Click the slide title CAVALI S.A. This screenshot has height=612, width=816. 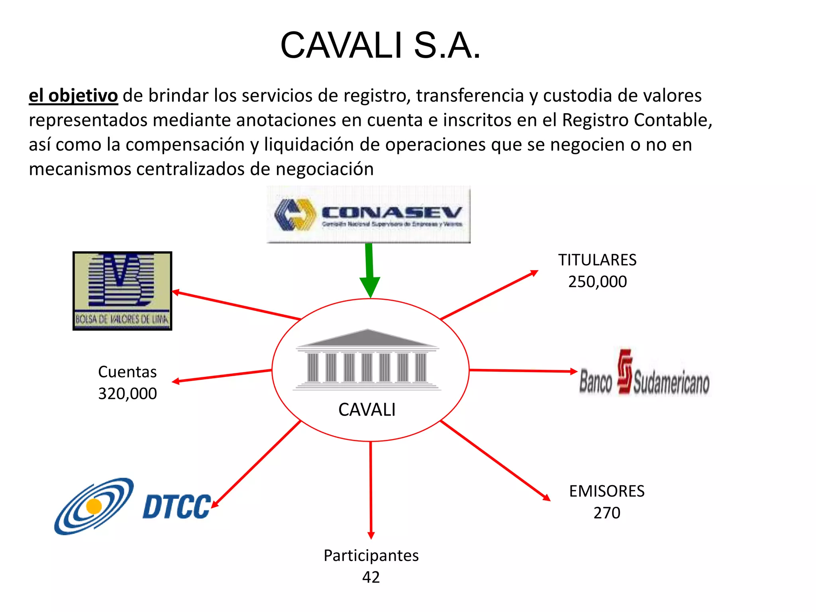point(381,45)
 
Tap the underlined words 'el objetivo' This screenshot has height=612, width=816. point(73,96)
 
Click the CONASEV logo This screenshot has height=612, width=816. point(369,214)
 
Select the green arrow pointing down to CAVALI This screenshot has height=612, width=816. point(370,271)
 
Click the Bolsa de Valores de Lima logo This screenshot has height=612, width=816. point(122,291)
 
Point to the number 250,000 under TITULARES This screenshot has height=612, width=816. point(597,282)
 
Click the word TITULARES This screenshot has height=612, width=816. point(597,260)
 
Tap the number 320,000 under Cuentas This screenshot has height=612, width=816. point(127,394)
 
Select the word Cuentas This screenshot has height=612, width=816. point(127,372)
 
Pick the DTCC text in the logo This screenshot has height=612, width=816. point(177,507)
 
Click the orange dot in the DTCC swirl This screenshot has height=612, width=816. point(94,506)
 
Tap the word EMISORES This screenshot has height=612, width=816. point(606,491)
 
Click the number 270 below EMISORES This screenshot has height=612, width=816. point(606,513)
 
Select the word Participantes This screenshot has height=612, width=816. point(371,555)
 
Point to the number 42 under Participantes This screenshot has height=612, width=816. point(371,577)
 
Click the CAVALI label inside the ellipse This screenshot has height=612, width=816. point(367,410)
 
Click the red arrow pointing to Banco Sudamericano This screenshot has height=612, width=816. point(522,371)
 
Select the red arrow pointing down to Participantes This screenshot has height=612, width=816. point(371,490)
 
